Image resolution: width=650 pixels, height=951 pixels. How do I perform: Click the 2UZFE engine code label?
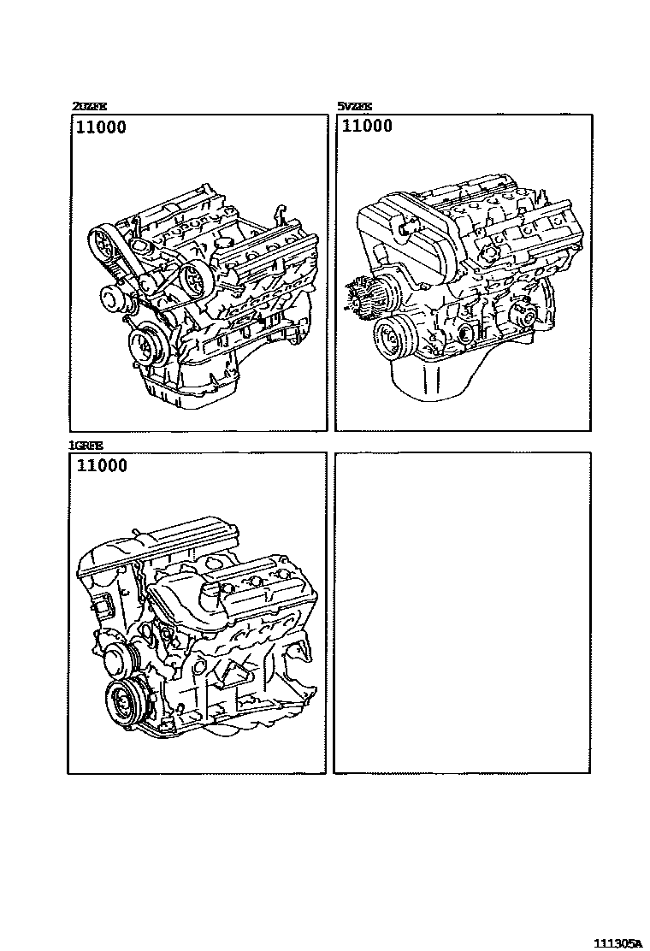pos(90,107)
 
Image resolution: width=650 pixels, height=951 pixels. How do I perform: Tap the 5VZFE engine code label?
pos(354,107)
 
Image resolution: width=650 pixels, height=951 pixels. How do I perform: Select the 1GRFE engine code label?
pos(86,445)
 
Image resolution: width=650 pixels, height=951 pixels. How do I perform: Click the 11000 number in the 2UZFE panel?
pos(102,128)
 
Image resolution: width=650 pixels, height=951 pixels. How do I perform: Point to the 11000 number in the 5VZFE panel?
pos(368,127)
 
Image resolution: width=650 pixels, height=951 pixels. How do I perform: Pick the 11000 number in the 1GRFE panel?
pos(102,466)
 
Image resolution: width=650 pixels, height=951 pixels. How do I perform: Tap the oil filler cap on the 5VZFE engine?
pos(405,226)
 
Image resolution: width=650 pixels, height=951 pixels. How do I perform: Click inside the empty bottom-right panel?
pos(462,612)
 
